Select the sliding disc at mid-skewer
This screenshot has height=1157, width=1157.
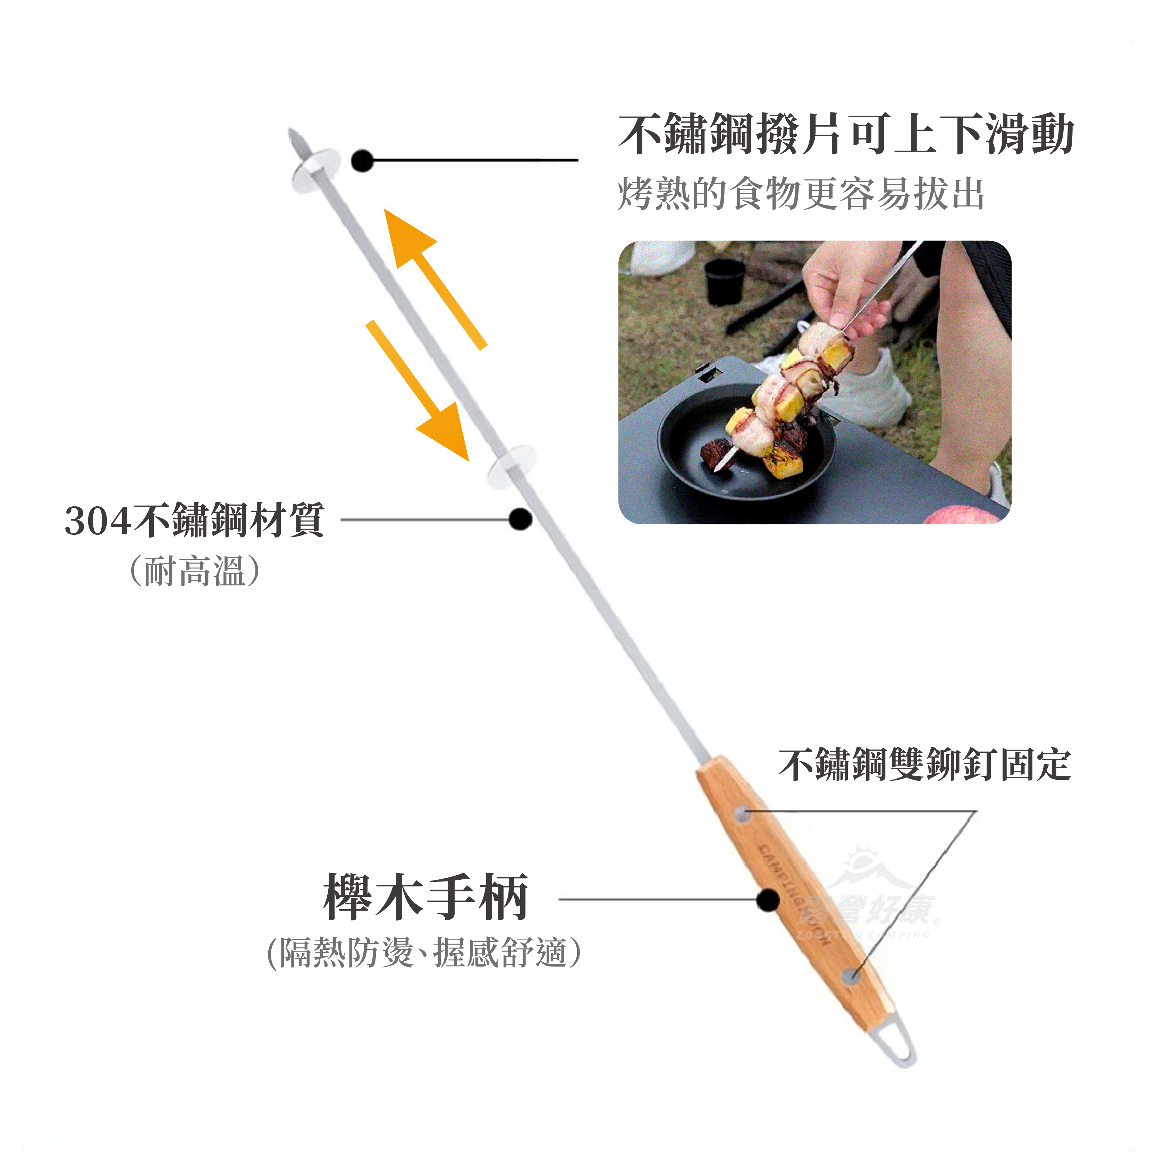click(511, 466)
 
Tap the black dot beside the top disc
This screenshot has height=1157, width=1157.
click(362, 160)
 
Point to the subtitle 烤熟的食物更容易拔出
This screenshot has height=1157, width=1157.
click(801, 193)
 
